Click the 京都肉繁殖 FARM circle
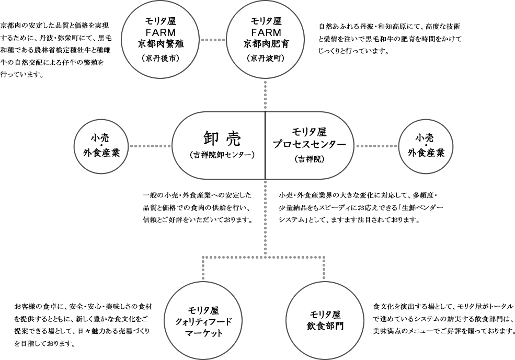[161, 40]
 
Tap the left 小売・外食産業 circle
[102, 146]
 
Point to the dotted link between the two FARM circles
[213, 40]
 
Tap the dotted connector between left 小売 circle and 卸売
[151, 146]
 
